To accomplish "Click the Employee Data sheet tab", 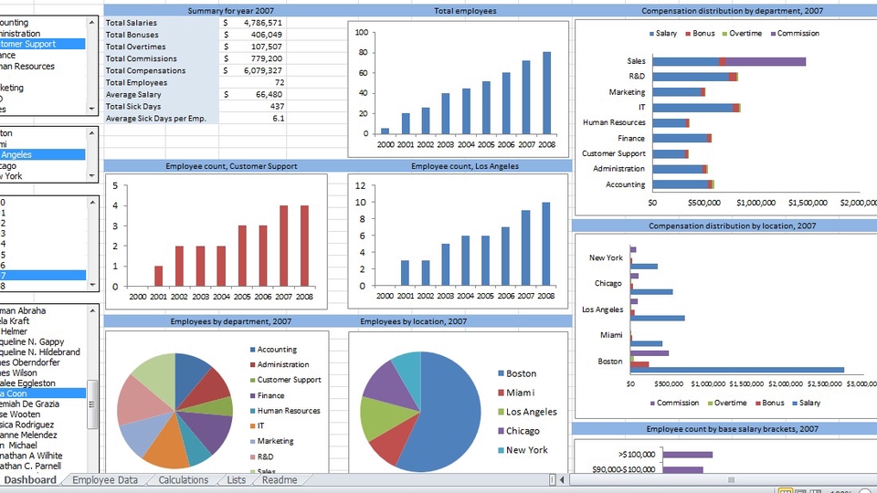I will point(105,480).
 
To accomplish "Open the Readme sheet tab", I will point(279,480).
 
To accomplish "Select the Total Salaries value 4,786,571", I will point(259,22).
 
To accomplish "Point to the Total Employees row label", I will point(137,82).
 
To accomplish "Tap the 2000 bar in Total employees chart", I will point(385,131).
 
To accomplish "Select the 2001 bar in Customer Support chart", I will point(159,275).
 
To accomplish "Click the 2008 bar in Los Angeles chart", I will point(546,243).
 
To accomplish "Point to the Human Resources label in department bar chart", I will point(614,122).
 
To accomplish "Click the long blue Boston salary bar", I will point(737,370).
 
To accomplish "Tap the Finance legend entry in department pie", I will point(270,395).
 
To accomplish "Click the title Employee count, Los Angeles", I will point(464,166).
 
